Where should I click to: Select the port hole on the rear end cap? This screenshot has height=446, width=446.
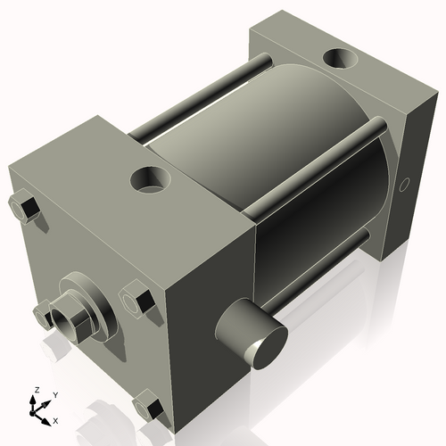tap(343, 61)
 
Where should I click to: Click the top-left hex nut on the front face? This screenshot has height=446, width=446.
tap(25, 210)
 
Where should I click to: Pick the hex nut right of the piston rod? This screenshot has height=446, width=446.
tap(134, 299)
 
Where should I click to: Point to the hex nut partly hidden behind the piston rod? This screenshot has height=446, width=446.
tap(43, 311)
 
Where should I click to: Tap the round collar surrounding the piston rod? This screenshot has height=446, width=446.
tap(89, 299)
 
